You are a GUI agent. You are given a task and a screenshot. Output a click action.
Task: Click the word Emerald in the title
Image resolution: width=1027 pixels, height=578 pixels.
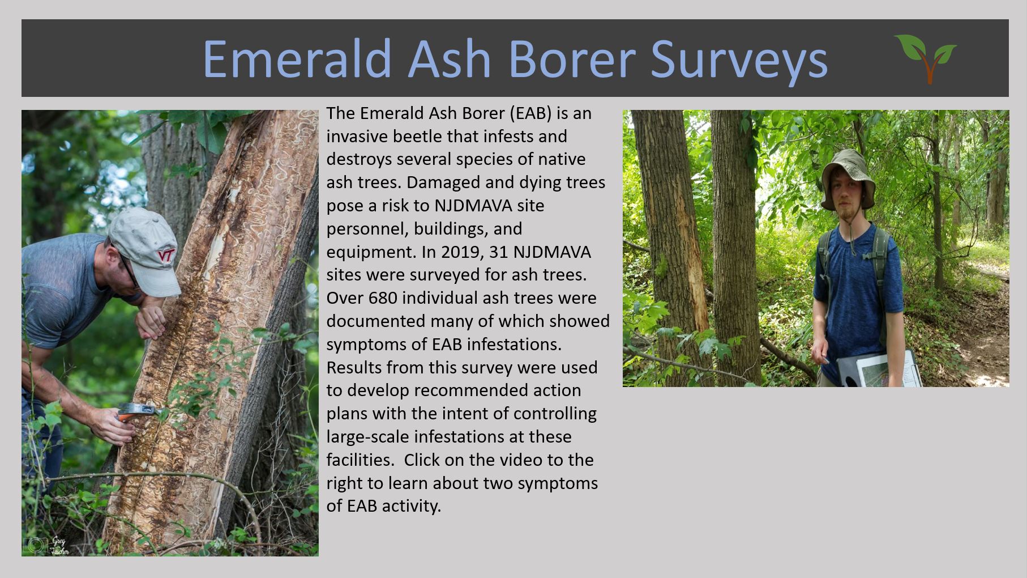coord(297,58)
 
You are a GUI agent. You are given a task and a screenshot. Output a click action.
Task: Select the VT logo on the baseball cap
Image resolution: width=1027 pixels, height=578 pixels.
coord(166,256)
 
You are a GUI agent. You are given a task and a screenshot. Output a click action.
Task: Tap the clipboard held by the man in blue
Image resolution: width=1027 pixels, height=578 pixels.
coord(877,369)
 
